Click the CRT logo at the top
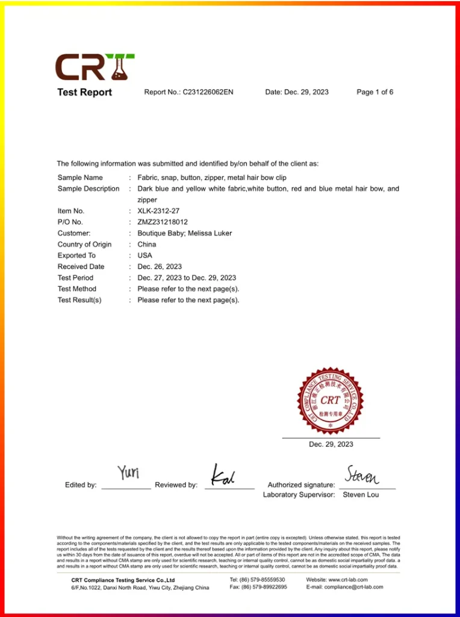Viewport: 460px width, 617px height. [95, 67]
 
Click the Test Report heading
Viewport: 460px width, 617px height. [84, 92]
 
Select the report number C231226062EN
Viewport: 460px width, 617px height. [208, 92]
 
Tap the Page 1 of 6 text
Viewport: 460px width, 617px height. [375, 92]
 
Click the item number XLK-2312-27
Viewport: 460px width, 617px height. [158, 211]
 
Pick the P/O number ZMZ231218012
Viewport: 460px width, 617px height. [163, 222]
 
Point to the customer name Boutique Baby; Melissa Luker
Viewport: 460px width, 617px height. [184, 233]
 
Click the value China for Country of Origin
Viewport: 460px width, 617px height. [146, 244]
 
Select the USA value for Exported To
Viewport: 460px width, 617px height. [145, 255]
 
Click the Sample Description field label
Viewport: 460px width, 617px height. [89, 189]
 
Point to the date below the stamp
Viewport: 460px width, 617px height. [331, 444]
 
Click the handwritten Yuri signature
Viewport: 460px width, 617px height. [128, 473]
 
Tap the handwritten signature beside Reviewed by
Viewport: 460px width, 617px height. [223, 475]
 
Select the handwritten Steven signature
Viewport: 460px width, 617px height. [362, 475]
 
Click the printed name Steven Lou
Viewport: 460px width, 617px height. [361, 495]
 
